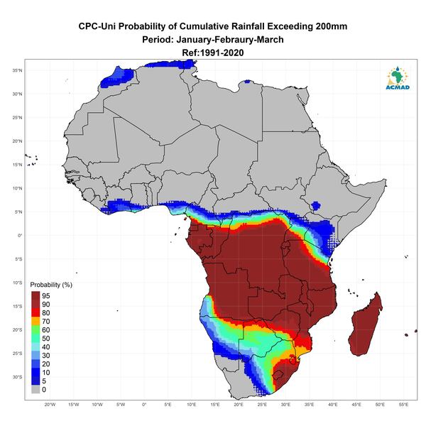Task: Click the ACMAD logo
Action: [398, 78]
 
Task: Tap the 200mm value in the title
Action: [331, 26]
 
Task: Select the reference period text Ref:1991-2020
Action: [213, 53]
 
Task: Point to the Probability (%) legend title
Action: [51, 285]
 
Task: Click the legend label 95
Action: [46, 295]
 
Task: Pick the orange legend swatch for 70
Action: [35, 321]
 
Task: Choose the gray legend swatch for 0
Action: [35, 389]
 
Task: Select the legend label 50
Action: [46, 338]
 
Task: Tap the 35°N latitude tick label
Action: [17, 70]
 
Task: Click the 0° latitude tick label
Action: [20, 236]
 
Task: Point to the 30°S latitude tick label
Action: [17, 377]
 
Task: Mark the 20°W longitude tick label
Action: [50, 405]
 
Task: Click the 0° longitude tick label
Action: [144, 405]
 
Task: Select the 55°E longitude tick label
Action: [403, 405]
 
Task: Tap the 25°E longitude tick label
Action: [262, 405]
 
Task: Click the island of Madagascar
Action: [366, 326]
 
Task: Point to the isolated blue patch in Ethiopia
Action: [315, 205]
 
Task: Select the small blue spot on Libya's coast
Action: [247, 81]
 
